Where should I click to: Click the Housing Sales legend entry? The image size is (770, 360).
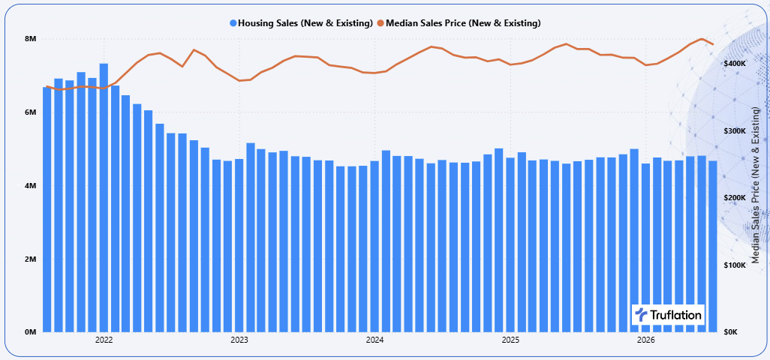tap(301, 23)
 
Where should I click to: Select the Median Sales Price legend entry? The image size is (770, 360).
tap(459, 23)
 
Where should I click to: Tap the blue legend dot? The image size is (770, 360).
tap(233, 23)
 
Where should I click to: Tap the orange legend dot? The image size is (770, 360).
tap(381, 23)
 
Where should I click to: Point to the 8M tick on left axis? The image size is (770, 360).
tap(31, 39)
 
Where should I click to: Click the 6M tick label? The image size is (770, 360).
tap(31, 112)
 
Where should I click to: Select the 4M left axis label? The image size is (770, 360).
tap(31, 186)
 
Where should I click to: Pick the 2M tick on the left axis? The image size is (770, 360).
tap(31, 259)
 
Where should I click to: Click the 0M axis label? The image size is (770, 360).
tap(31, 332)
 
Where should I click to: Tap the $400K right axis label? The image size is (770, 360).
tap(735, 64)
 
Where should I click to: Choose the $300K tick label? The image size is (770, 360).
tap(735, 131)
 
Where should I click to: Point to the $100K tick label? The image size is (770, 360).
tap(735, 265)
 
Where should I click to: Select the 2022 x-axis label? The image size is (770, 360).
tap(104, 340)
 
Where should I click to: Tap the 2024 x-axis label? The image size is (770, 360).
tap(374, 340)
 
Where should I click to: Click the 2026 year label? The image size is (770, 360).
tap(645, 340)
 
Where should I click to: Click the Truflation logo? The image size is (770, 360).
tap(668, 314)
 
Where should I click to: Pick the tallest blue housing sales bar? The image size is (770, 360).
tap(104, 198)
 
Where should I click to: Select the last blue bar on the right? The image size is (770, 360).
tap(712, 246)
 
